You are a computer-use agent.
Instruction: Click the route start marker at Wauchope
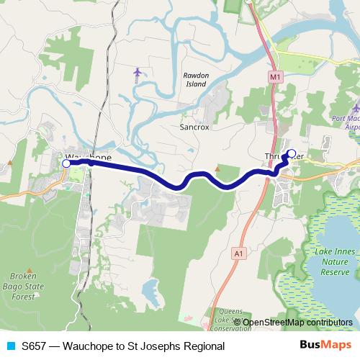pyautogui.click(x=66, y=164)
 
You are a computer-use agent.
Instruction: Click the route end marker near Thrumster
pyautogui.click(x=292, y=153)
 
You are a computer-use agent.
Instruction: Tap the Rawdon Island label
pyautogui.click(x=195, y=80)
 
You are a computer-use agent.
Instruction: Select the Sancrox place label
pyautogui.click(x=194, y=127)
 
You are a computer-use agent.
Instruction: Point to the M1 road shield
pyautogui.click(x=274, y=76)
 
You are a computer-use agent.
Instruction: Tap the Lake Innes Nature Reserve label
pyautogui.click(x=334, y=261)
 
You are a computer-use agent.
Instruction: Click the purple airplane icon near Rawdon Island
pyautogui.click(x=138, y=72)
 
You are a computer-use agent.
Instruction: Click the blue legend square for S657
pyautogui.click(x=9, y=346)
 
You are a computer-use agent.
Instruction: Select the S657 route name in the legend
pyautogui.click(x=122, y=346)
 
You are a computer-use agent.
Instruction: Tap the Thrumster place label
pyautogui.click(x=277, y=156)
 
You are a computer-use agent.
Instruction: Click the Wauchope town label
pyautogui.click(x=89, y=156)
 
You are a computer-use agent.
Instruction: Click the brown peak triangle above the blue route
pyautogui.click(x=217, y=170)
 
